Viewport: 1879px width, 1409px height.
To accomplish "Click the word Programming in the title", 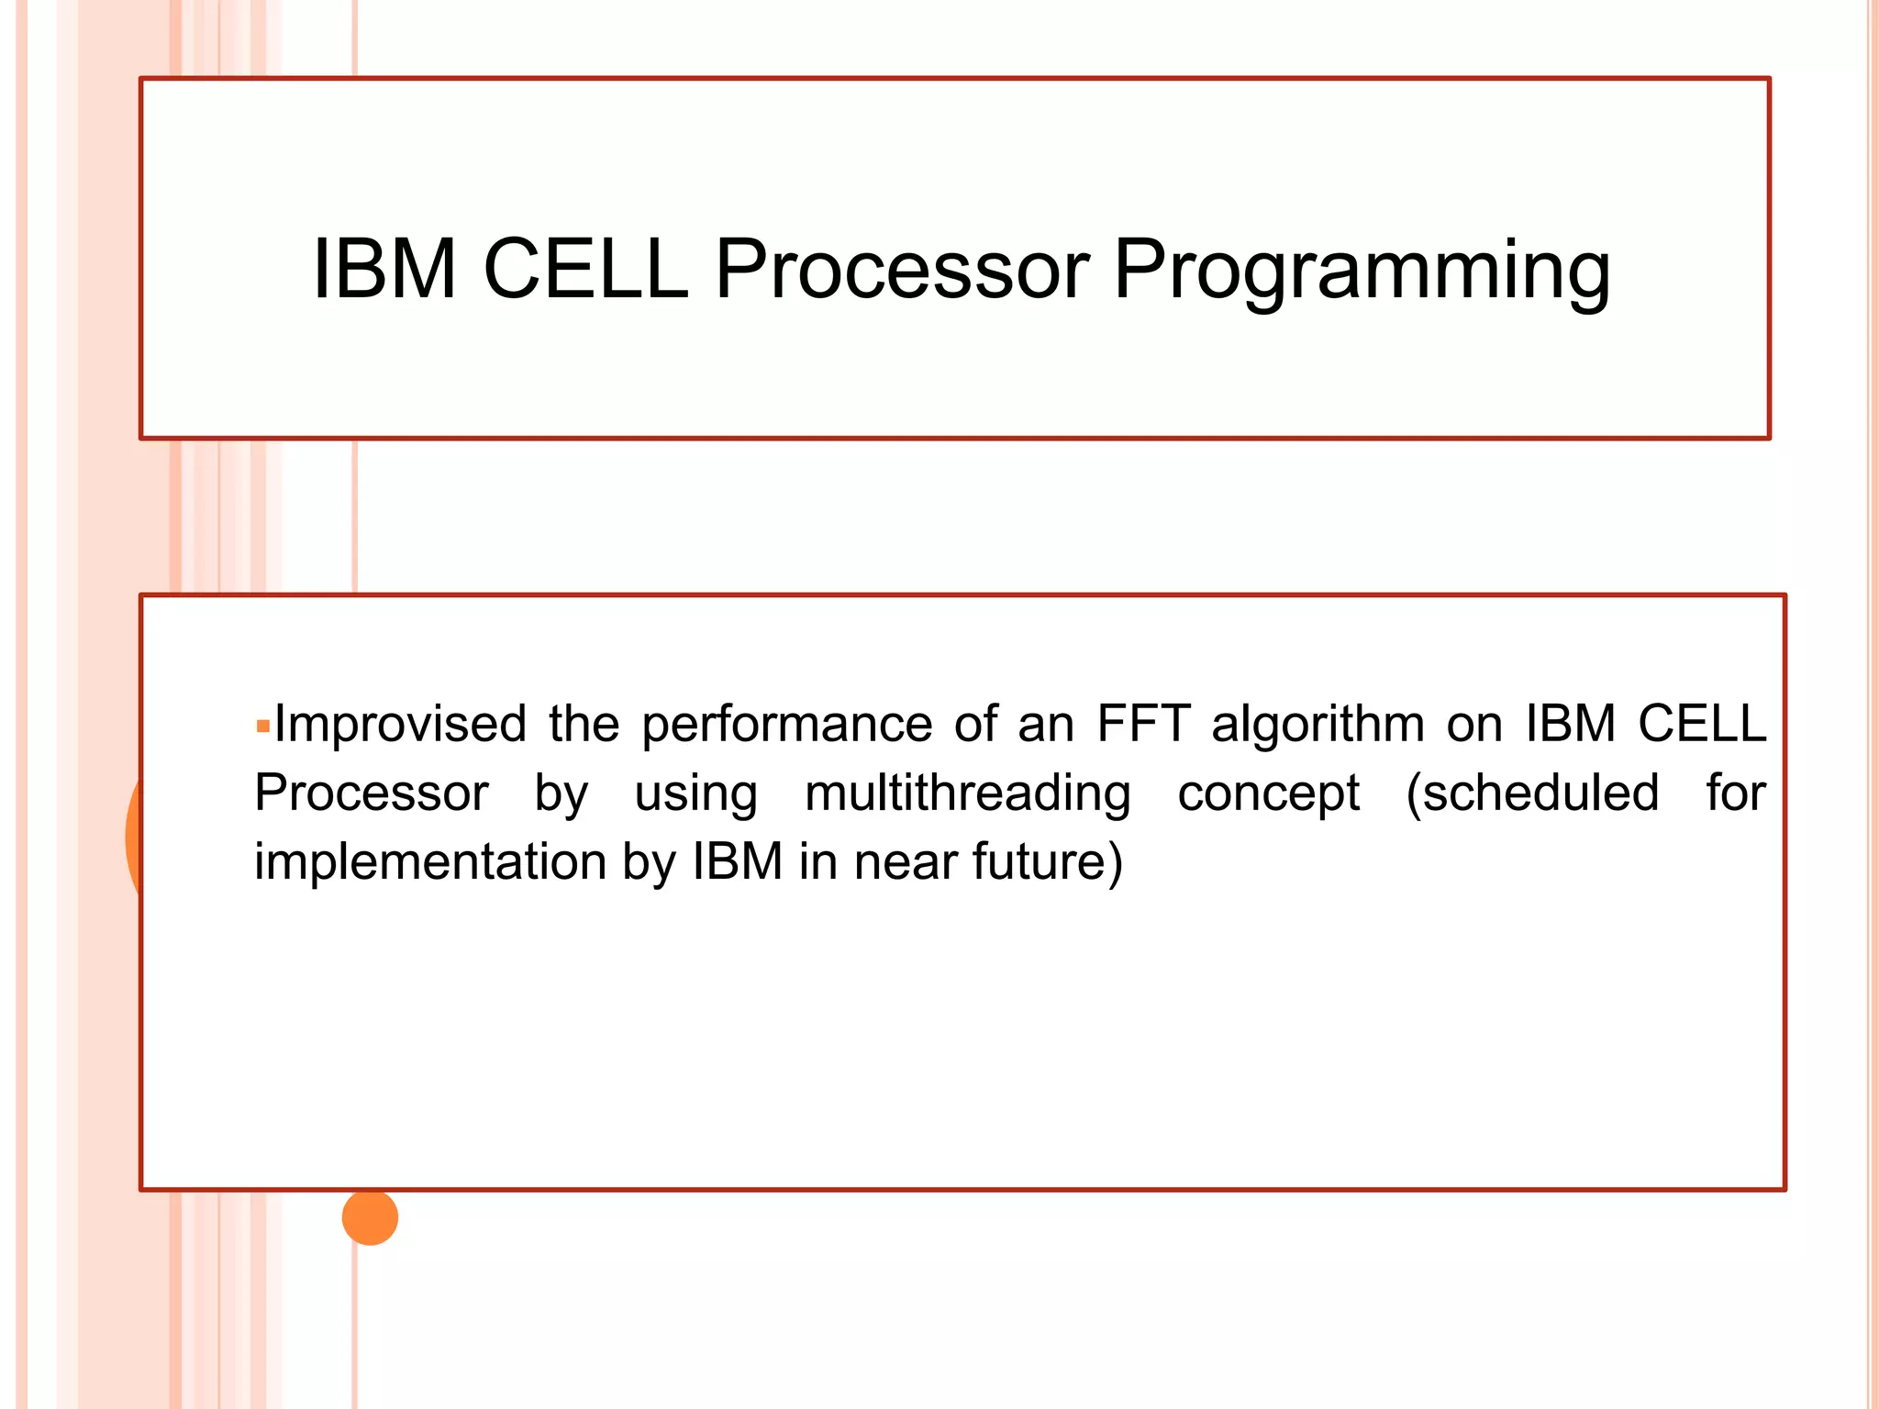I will coord(1362,272).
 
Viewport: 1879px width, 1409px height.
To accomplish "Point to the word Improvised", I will coord(401,724).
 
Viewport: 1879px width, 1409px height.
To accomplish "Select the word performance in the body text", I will coord(786,726).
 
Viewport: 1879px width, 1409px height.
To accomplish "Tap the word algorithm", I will coord(1318,726).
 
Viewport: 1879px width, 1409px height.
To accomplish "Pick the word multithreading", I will coord(967,794).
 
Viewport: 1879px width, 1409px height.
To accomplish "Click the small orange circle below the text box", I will coord(370,1218).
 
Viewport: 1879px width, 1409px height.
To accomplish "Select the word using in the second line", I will coord(695,794).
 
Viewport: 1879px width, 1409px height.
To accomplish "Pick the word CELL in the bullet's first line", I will coord(1702,724).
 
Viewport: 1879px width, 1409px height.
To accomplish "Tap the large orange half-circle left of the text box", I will coord(134,835).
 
